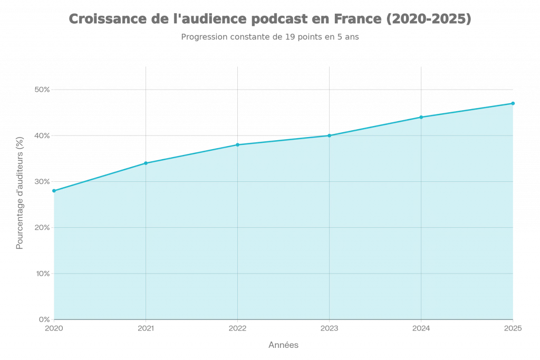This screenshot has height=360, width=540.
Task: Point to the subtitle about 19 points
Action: click(x=270, y=37)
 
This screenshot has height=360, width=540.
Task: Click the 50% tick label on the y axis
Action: click(x=42, y=90)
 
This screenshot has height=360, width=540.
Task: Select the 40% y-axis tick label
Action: click(x=42, y=135)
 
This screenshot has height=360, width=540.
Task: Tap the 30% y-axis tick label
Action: click(x=42, y=181)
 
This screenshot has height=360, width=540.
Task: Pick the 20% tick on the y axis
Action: click(x=42, y=227)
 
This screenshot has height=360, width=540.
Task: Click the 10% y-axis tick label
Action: click(x=42, y=273)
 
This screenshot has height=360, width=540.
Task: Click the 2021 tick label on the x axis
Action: click(x=146, y=329)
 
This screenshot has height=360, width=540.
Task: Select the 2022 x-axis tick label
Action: click(x=238, y=329)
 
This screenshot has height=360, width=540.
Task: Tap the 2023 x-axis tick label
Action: click(x=330, y=329)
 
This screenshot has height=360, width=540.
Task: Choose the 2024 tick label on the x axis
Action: click(x=421, y=329)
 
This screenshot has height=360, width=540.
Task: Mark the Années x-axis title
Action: click(x=283, y=345)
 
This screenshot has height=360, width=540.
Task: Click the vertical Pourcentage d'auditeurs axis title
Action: click(x=20, y=193)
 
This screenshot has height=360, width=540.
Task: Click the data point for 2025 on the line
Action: click(x=513, y=103)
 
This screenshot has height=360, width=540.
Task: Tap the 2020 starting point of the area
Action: click(x=54, y=191)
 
